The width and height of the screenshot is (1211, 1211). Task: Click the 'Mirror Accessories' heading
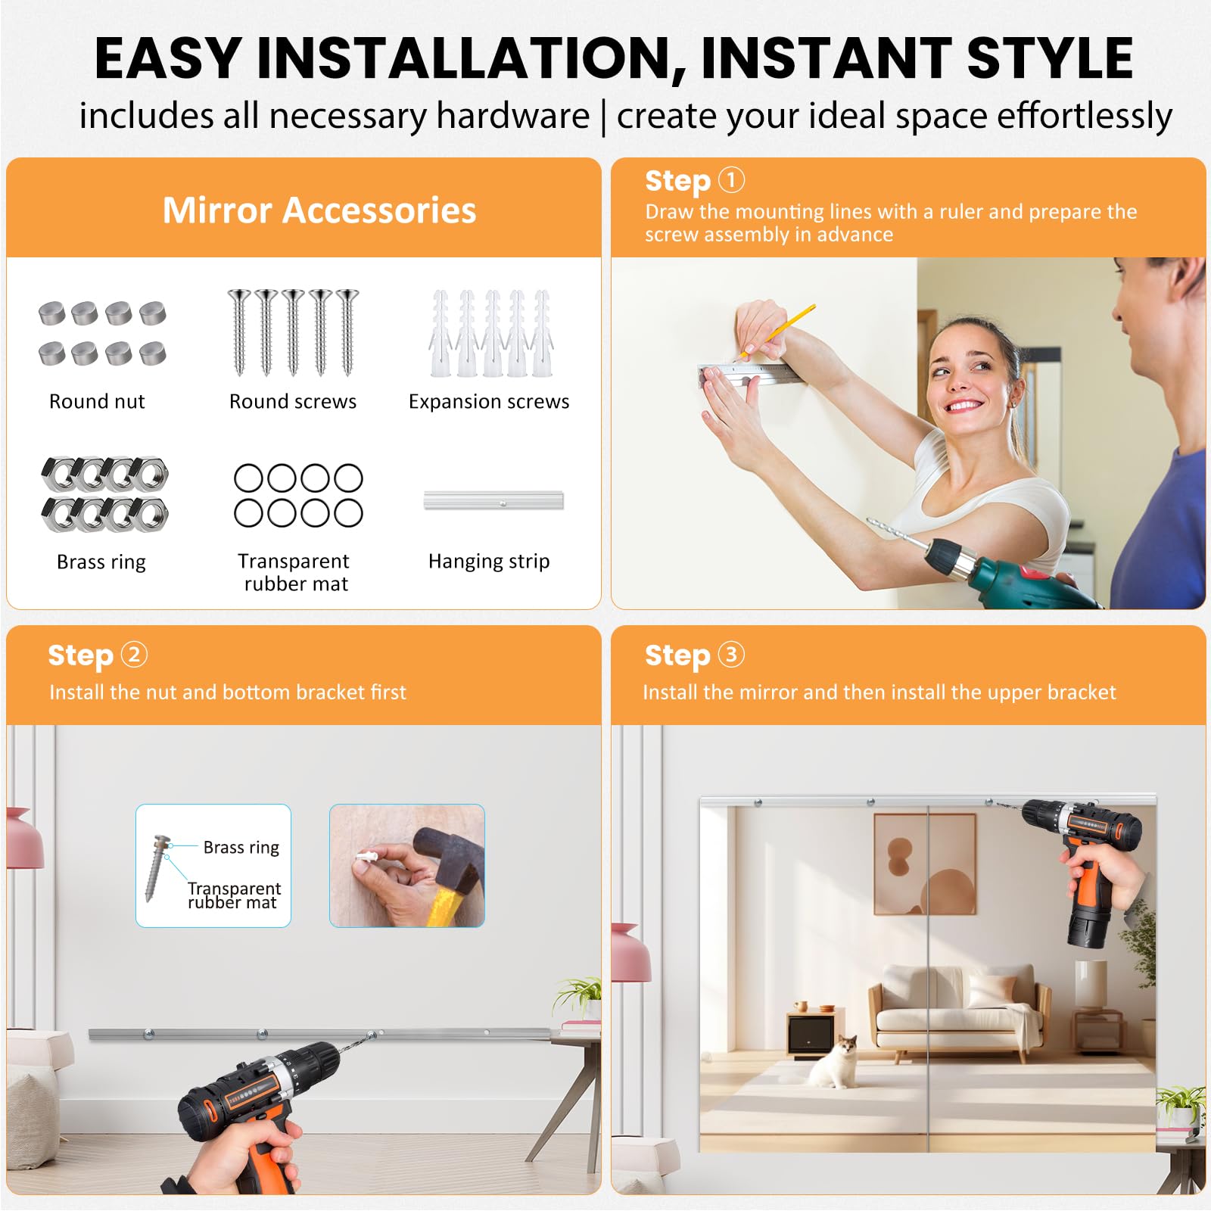[x=319, y=210]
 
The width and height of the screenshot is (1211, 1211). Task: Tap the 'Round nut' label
[x=97, y=401]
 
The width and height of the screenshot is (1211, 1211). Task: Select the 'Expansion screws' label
[x=489, y=402]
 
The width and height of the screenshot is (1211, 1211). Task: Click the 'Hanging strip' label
[x=489, y=562]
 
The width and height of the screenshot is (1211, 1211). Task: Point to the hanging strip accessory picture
[x=493, y=500]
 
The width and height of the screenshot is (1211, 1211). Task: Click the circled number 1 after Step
[x=731, y=180]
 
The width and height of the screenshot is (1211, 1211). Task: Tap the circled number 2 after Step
[x=134, y=654]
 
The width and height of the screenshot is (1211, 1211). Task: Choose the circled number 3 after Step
[x=731, y=654]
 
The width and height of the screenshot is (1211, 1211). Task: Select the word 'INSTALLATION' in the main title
[x=471, y=59]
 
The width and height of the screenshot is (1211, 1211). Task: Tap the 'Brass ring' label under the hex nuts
[x=101, y=562]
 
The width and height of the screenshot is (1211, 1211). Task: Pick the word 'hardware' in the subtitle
[x=512, y=116]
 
